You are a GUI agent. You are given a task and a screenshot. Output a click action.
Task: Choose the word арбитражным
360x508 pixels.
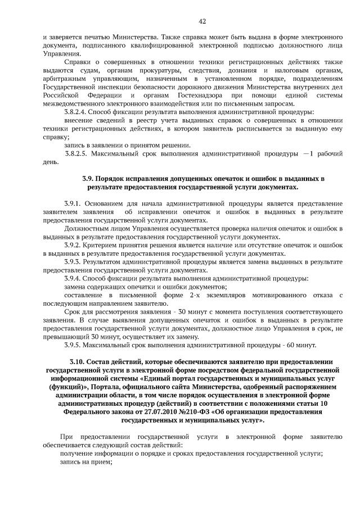(64, 79)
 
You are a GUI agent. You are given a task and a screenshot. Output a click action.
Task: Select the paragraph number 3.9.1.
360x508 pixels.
(75, 203)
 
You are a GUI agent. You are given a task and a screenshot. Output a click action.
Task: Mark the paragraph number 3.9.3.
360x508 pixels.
(75, 262)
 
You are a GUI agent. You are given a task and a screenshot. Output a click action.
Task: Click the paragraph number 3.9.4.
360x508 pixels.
(75, 278)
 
